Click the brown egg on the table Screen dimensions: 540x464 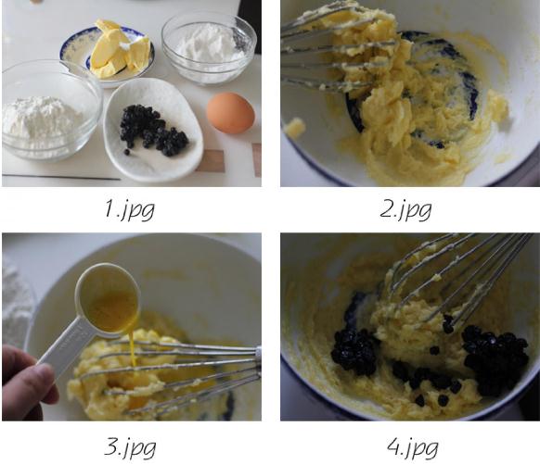point(230,113)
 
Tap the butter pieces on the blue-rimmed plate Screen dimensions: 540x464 point(120,50)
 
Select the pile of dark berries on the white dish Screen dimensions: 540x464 point(152,131)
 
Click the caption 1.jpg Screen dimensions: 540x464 point(130,209)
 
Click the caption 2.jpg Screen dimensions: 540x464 point(405,209)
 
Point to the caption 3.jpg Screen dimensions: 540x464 point(130,446)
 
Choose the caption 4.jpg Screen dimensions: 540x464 point(413,446)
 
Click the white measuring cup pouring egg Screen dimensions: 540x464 point(107,299)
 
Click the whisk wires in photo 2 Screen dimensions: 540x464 point(341,52)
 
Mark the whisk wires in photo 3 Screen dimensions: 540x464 point(173,375)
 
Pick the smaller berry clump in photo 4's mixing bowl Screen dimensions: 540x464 point(354,351)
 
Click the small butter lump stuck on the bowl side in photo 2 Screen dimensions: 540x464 point(295,127)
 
